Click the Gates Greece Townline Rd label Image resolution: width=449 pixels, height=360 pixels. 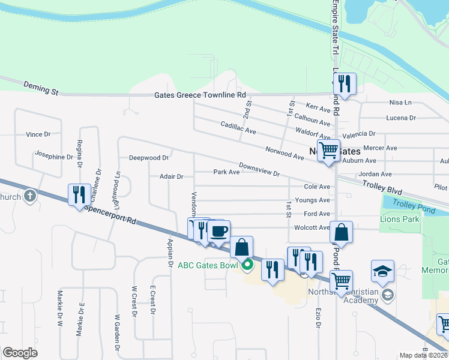click(200, 95)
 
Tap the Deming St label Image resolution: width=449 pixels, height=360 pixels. click(41, 88)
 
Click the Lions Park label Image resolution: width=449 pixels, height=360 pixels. click(399, 220)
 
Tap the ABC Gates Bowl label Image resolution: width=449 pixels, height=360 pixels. click(208, 265)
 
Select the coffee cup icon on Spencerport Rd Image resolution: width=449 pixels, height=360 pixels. click(219, 231)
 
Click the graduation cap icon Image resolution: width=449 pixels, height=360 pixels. click(382, 271)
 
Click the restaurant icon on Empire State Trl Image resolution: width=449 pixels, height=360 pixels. click(345, 85)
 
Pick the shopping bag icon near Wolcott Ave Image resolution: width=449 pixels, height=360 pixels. click(341, 232)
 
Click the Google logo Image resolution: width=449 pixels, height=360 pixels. click(20, 353)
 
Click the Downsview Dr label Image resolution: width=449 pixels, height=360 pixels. click(259, 170)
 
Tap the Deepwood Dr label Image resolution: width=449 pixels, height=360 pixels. click(149, 158)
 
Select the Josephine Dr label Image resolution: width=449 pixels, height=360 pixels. click(54, 157)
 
